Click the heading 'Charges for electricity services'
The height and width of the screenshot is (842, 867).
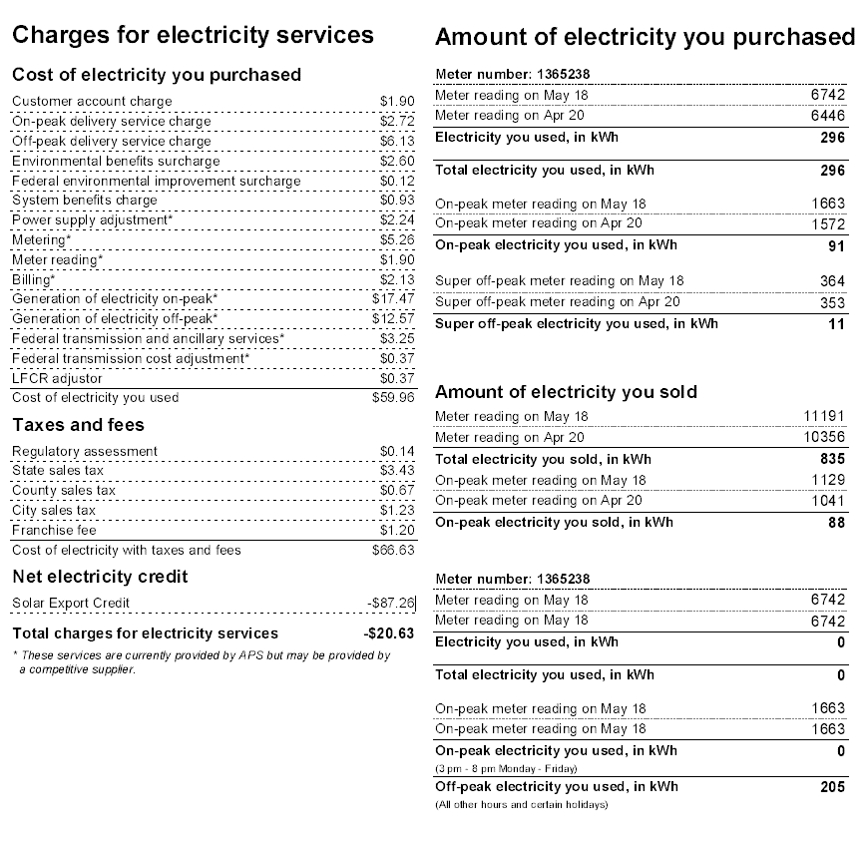coord(193,35)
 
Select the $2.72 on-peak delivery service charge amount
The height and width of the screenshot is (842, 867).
coord(397,121)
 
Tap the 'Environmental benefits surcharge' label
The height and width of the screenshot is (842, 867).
coord(116,161)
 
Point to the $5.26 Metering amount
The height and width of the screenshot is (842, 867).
coord(397,239)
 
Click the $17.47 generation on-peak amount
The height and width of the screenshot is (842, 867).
coord(393,299)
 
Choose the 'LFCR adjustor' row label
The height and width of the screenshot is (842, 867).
coord(57,379)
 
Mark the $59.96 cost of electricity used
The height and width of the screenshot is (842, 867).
coord(393,397)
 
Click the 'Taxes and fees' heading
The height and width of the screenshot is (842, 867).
coord(78,425)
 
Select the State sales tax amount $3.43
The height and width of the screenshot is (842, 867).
coord(397,471)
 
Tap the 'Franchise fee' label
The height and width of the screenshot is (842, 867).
coord(54,530)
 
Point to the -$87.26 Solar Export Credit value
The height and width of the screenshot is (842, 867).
coord(391,603)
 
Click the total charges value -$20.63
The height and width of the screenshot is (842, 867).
coord(389,633)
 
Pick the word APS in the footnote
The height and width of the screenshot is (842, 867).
coord(250,655)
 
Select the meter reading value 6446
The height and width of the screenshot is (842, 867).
coord(828,116)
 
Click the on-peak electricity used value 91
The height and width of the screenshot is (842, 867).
coord(837,246)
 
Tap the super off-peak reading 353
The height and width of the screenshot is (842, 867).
coord(833,302)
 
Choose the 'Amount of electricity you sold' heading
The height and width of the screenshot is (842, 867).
coord(567,392)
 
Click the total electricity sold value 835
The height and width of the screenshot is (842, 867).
coord(833,459)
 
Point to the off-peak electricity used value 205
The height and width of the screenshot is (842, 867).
coord(833,787)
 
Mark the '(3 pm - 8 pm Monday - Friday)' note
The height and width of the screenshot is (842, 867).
coord(506,768)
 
